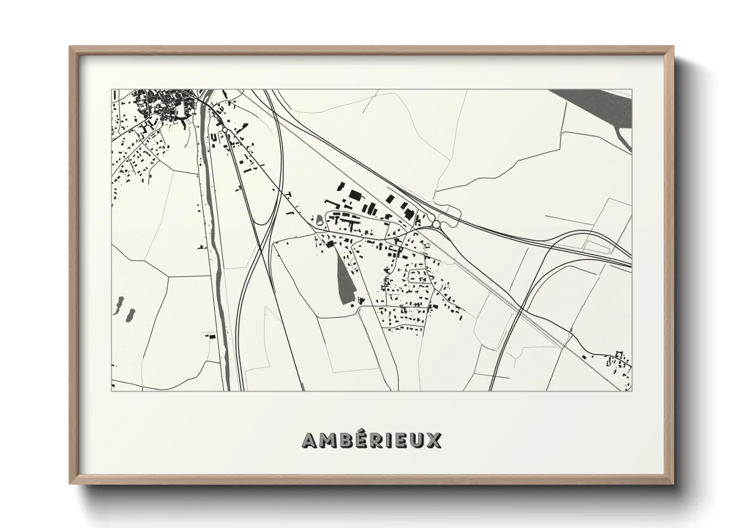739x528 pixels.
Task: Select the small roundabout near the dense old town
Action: coord(225,129)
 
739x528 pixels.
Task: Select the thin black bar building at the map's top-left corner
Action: coord(115,94)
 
